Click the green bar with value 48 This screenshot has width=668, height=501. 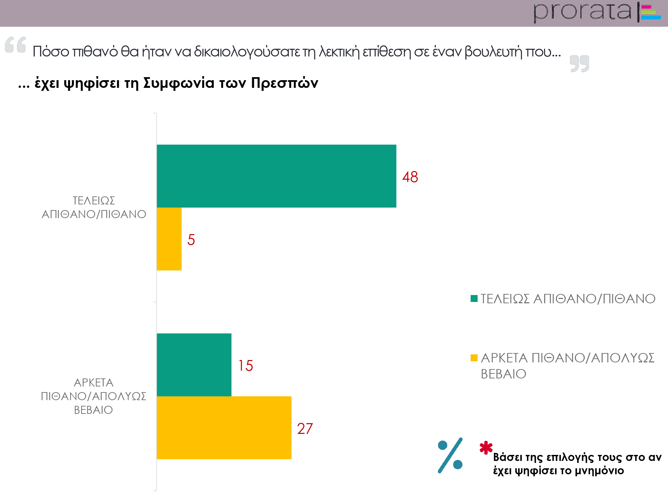tap(277, 176)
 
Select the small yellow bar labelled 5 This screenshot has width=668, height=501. tap(169, 239)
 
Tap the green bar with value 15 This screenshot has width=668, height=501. tap(194, 365)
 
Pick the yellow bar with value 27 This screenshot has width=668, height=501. tap(224, 428)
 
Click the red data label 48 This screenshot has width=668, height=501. tap(410, 177)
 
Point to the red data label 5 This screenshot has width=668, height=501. tap(191, 240)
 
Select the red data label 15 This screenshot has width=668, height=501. tap(245, 366)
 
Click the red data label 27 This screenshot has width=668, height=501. tap(305, 429)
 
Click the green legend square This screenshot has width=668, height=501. tap(474, 298)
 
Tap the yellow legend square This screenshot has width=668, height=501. tap(474, 358)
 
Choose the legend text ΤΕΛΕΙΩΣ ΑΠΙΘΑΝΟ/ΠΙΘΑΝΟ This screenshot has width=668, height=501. tap(568, 299)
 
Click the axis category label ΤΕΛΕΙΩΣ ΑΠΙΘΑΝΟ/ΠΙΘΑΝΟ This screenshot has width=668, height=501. tap(94, 207)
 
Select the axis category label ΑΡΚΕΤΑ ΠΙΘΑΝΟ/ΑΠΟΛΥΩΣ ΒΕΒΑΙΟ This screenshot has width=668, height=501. tap(94, 396)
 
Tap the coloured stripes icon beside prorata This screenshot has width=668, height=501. tap(650, 12)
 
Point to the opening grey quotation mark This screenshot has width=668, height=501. tap(16, 44)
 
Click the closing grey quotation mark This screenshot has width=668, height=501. tap(579, 63)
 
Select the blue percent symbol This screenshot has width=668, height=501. tap(450, 455)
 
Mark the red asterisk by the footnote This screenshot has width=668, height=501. tap(486, 448)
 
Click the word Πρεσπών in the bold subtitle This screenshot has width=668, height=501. tap(285, 83)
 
